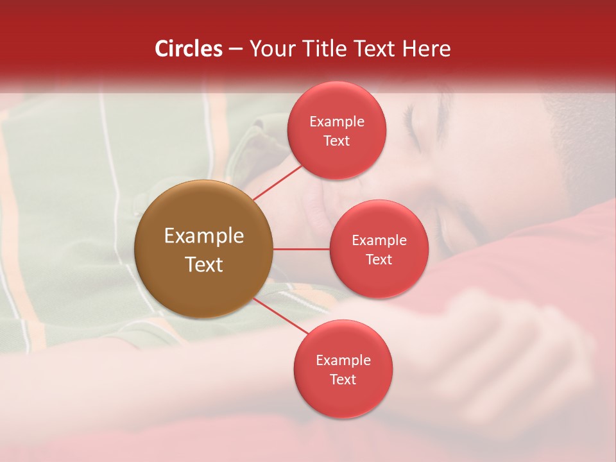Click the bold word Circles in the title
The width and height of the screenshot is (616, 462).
[x=188, y=49]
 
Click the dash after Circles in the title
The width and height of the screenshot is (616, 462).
[x=235, y=49]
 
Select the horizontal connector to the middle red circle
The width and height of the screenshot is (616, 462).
[x=301, y=249]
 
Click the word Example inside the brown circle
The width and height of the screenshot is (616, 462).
[x=203, y=236]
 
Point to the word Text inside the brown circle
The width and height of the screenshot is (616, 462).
[x=203, y=264]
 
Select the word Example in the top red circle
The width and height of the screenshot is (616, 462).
[x=336, y=122]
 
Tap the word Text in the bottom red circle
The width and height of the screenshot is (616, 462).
[x=343, y=380]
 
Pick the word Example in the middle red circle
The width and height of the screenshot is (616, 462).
[x=379, y=241]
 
